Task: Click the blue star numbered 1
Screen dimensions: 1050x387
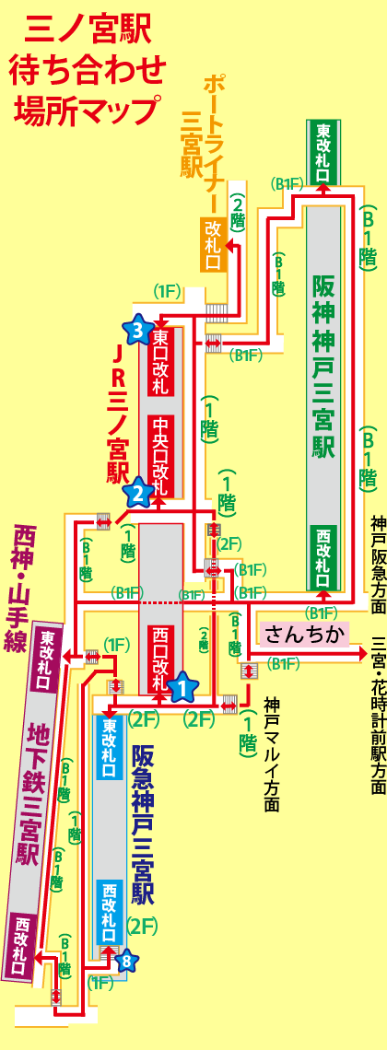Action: pos(182,685)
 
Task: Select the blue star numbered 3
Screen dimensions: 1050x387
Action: pos(138,329)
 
